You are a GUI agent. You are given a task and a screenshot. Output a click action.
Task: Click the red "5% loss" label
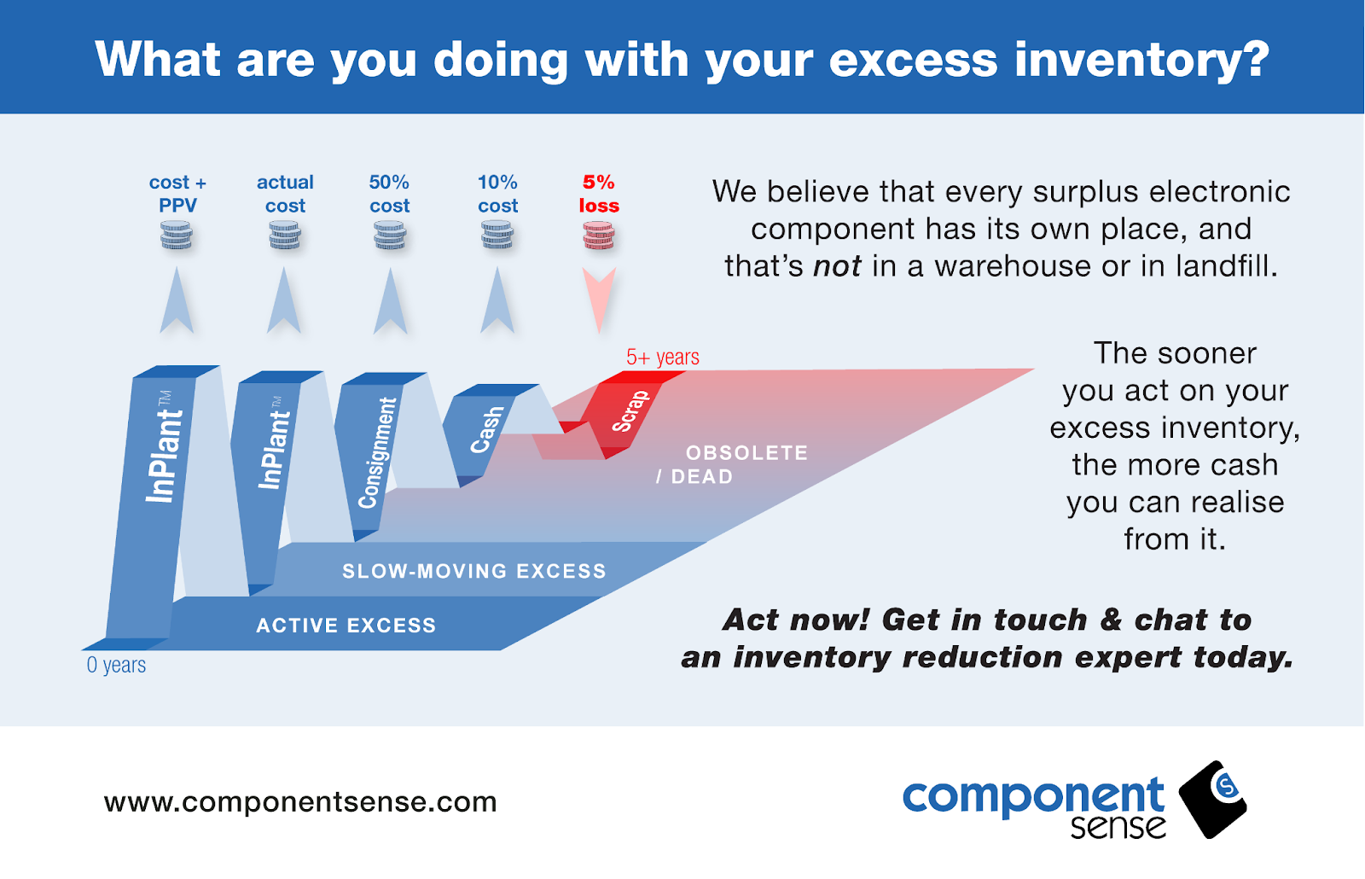click(599, 194)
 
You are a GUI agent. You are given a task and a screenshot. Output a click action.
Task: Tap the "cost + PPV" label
click(177, 194)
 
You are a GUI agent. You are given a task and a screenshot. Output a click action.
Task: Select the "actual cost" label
click(285, 194)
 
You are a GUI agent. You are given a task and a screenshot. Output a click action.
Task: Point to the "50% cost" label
click(389, 194)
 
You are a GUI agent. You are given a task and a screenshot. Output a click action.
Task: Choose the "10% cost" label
click(497, 194)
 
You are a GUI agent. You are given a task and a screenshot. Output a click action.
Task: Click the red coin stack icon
click(598, 236)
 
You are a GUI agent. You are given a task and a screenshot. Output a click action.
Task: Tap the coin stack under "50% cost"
click(389, 236)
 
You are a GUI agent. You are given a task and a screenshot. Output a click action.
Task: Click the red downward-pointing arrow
click(599, 300)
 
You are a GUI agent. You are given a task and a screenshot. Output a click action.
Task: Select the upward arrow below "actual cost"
click(284, 300)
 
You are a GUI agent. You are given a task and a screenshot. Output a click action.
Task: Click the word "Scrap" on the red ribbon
click(630, 411)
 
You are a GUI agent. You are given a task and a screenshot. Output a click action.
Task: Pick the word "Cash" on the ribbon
click(487, 430)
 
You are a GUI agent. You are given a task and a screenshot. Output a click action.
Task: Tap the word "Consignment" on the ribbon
click(377, 453)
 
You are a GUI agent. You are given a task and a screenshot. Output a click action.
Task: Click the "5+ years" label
click(662, 357)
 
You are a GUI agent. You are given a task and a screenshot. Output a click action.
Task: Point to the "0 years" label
click(116, 665)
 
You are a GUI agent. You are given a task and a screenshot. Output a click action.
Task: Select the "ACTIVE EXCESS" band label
click(346, 626)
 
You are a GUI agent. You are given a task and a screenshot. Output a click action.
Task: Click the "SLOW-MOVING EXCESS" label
click(474, 571)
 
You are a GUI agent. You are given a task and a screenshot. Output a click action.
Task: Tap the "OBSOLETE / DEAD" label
click(732, 464)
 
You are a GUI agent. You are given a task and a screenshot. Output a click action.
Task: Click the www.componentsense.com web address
click(300, 801)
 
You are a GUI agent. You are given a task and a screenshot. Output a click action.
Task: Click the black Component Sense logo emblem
click(1212, 799)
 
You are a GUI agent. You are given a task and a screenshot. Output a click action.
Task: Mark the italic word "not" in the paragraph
click(837, 266)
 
